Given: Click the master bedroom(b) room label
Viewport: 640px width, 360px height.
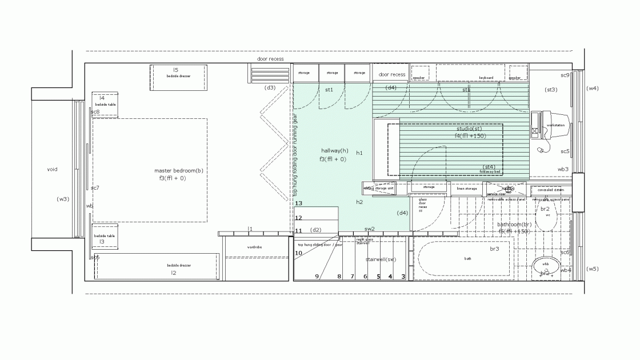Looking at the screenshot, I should click(179, 170).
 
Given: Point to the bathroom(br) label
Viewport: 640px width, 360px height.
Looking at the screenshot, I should click(514, 225).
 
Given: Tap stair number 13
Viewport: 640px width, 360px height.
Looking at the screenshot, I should click(298, 203).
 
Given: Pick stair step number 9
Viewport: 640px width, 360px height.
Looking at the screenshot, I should click(317, 277).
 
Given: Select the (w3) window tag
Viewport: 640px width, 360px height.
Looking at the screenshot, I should click(63, 199).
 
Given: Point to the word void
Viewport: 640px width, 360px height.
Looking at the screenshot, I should click(52, 169).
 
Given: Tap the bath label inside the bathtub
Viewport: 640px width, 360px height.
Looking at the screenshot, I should click(467, 259).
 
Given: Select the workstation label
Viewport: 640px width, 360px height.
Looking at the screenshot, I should click(556, 125).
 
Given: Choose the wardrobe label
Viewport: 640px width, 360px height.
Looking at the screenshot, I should click(254, 247).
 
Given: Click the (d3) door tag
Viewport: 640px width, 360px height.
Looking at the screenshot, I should click(270, 87).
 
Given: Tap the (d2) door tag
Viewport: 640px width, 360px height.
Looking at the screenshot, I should click(315, 230).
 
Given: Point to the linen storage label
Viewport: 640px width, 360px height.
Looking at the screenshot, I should click(466, 188).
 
